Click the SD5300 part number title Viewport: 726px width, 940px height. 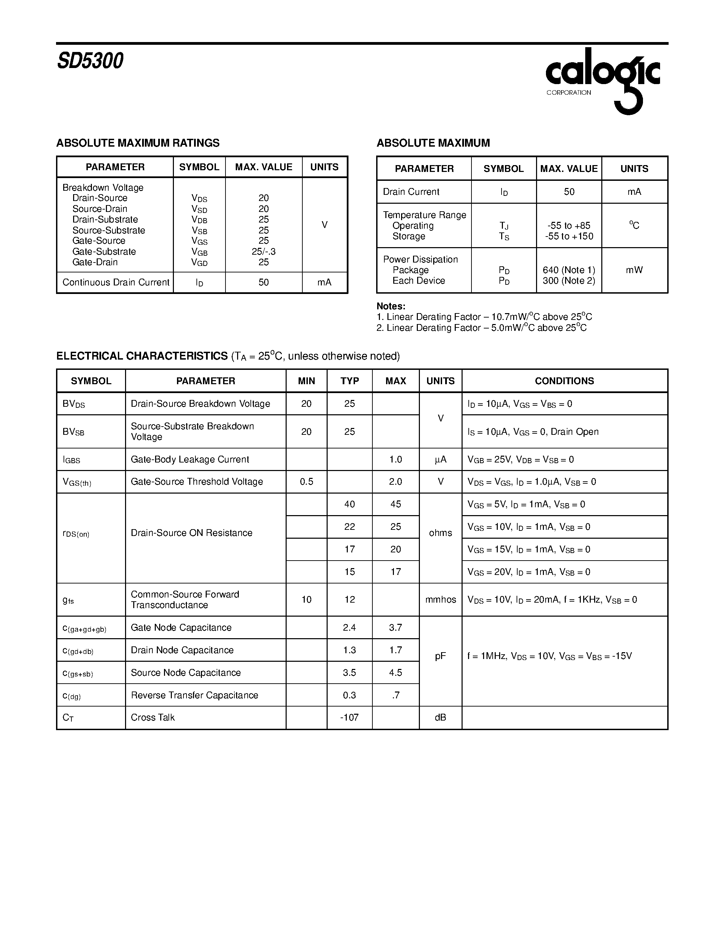tap(90, 61)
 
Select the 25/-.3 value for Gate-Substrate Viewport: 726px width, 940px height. tap(264, 251)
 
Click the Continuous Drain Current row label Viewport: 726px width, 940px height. tap(116, 282)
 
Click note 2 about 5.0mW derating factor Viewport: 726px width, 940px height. tap(481, 328)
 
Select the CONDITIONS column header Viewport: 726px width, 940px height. tap(564, 381)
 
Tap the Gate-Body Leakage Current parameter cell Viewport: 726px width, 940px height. tap(190, 459)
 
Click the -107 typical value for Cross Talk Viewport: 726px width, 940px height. tap(349, 717)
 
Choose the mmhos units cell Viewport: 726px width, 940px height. tap(440, 600)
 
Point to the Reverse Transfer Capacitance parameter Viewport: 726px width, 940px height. tap(194, 695)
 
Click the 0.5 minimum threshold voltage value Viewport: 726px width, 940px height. tap(306, 482)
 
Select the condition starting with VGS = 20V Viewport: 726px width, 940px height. tap(529, 572)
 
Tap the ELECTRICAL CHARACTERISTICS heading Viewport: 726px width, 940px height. tap(142, 356)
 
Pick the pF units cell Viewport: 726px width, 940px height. tap(440, 656)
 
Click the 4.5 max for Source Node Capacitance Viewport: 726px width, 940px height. tap(395, 673)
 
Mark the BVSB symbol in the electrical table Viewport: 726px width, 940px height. tap(73, 432)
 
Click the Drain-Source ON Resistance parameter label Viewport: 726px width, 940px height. tap(191, 533)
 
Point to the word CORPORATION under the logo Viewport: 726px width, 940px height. tap(569, 93)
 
